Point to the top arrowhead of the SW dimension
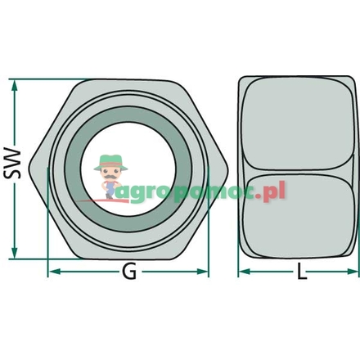point(15,83)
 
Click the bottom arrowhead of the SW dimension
point(15,252)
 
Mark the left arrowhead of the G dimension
point(52,272)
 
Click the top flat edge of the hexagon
point(128,80)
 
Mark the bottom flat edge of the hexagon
point(128,255)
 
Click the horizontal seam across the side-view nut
point(299,170)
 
